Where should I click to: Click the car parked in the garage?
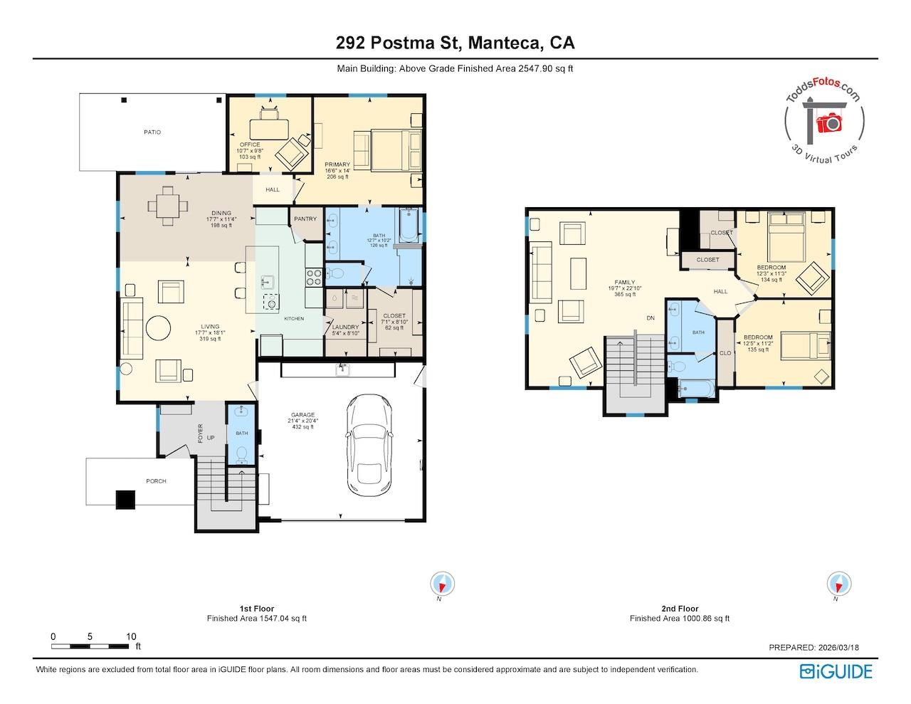pyautogui.click(x=367, y=441)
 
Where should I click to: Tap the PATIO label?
pyautogui.click(x=152, y=132)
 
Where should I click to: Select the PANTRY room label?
pyautogui.click(x=305, y=219)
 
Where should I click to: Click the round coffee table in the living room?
pyautogui.click(x=158, y=328)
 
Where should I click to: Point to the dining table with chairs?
pyautogui.click(x=168, y=206)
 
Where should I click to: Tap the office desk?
pyautogui.click(x=269, y=128)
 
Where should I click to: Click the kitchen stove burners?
pyautogui.click(x=314, y=276)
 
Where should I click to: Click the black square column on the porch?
pyautogui.click(x=126, y=500)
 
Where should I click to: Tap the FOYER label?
pyautogui.click(x=201, y=433)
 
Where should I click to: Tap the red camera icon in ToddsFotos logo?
pyautogui.click(x=828, y=124)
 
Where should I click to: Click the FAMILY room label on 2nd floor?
pyautogui.click(x=625, y=283)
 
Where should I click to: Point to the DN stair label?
pyautogui.click(x=650, y=318)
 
